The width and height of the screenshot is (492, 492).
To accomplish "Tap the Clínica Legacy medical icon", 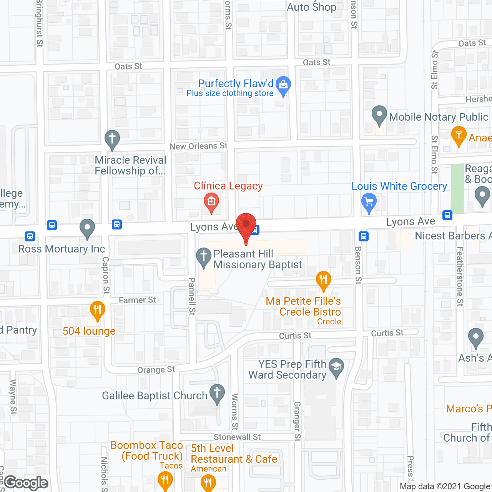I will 211,201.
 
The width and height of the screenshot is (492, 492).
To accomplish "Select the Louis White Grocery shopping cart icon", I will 369,201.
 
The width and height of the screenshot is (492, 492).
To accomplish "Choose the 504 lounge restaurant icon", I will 98,309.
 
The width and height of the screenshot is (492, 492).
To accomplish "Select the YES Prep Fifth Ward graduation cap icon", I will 337,366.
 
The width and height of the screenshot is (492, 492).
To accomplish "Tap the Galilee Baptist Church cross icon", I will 217,393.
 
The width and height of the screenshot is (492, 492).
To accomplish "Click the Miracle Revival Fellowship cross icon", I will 112,138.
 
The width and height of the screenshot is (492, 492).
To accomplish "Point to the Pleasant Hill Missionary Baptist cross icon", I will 204,256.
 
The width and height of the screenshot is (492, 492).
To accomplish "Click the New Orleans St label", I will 198,146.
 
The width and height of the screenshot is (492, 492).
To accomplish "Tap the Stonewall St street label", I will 237,437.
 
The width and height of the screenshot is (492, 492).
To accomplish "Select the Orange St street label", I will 156,370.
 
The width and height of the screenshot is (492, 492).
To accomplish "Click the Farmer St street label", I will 138,300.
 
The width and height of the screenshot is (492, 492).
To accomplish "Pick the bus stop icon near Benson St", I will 364,236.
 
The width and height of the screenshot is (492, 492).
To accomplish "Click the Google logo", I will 26,483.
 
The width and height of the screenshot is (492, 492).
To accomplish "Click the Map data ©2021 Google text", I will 445,487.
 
